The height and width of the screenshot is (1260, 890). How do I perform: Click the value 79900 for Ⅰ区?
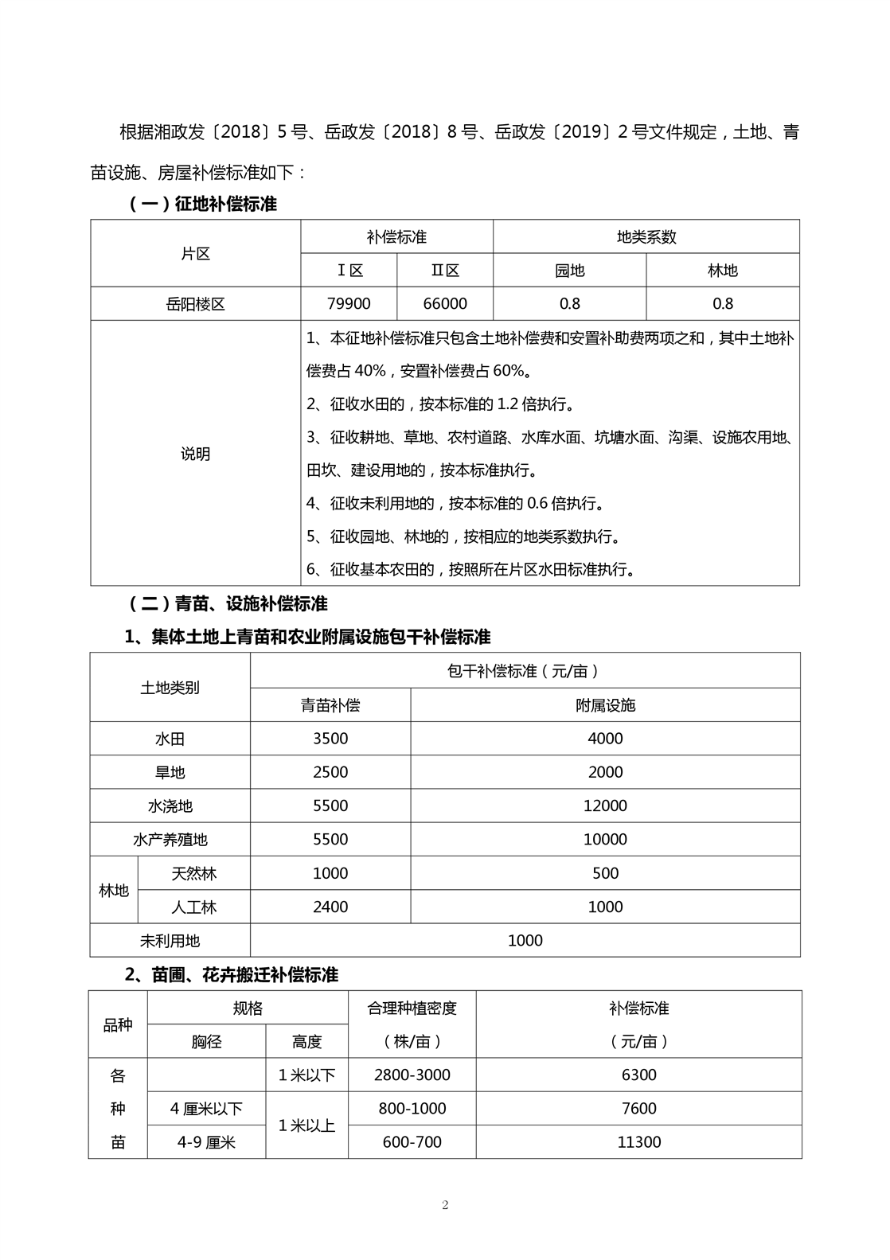[349, 303]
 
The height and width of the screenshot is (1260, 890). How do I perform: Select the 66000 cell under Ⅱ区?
[445, 303]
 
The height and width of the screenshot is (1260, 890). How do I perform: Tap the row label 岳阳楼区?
[195, 304]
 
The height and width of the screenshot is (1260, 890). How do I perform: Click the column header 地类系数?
[646, 236]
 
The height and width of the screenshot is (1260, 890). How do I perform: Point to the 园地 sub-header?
[569, 271]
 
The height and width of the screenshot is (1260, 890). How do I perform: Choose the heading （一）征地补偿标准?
[202, 204]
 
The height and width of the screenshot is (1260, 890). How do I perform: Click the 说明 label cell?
[195, 454]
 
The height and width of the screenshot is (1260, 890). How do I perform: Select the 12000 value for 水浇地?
[605, 806]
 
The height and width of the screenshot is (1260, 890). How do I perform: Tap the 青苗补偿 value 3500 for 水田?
[330, 738]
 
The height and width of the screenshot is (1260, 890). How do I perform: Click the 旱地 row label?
[170, 772]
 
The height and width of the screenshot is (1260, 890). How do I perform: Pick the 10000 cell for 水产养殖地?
[605, 839]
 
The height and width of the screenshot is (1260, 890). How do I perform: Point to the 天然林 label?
[193, 873]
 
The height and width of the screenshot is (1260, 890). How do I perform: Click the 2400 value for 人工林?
[330, 907]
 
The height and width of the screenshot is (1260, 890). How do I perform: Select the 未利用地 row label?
[170, 941]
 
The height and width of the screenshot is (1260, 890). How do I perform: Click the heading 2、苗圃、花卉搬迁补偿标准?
[232, 974]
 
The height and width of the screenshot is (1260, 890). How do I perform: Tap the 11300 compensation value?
[638, 1142]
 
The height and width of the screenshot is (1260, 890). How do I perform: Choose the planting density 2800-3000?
[412, 1075]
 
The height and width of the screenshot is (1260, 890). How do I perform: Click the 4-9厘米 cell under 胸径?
[206, 1142]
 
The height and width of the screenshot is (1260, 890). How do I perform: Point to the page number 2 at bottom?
[445, 1204]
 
